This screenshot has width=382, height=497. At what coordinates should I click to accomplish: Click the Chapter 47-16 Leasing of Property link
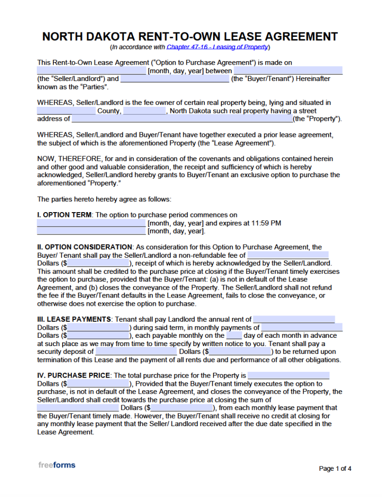(x=217, y=47)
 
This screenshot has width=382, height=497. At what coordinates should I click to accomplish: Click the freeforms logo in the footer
(x=57, y=465)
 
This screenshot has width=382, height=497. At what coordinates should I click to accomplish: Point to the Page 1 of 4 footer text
(x=335, y=468)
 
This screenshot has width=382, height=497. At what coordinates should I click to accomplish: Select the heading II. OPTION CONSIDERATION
(x=84, y=247)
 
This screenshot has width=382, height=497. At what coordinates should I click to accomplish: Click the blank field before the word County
(x=66, y=111)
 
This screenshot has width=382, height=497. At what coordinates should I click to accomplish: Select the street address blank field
(x=182, y=119)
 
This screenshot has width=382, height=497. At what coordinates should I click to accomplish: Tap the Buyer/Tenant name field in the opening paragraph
(x=174, y=79)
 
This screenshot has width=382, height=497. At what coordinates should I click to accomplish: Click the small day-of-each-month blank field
(x=234, y=335)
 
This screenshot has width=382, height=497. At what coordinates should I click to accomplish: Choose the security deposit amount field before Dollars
(x=136, y=351)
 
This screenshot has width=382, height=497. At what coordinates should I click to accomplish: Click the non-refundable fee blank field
(x=287, y=255)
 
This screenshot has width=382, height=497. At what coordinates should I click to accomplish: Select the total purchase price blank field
(x=288, y=375)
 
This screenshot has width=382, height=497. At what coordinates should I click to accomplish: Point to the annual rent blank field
(x=294, y=319)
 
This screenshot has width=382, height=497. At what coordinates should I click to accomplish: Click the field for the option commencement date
(x=91, y=223)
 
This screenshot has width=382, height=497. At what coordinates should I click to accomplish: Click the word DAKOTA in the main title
(x=115, y=36)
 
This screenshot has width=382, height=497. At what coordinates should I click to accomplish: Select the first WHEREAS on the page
(x=54, y=102)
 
